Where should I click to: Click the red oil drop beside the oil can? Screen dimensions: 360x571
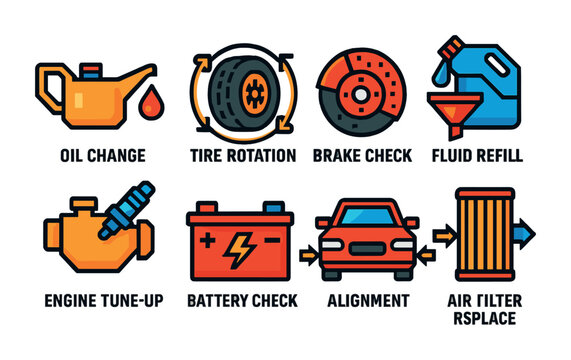click(150, 100)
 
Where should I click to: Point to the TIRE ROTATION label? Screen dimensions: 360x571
click(242, 156)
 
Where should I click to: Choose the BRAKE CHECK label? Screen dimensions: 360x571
click(361, 156)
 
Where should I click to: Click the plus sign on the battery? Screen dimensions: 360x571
click(207, 241)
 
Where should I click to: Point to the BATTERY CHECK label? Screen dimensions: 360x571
click(242, 300)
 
